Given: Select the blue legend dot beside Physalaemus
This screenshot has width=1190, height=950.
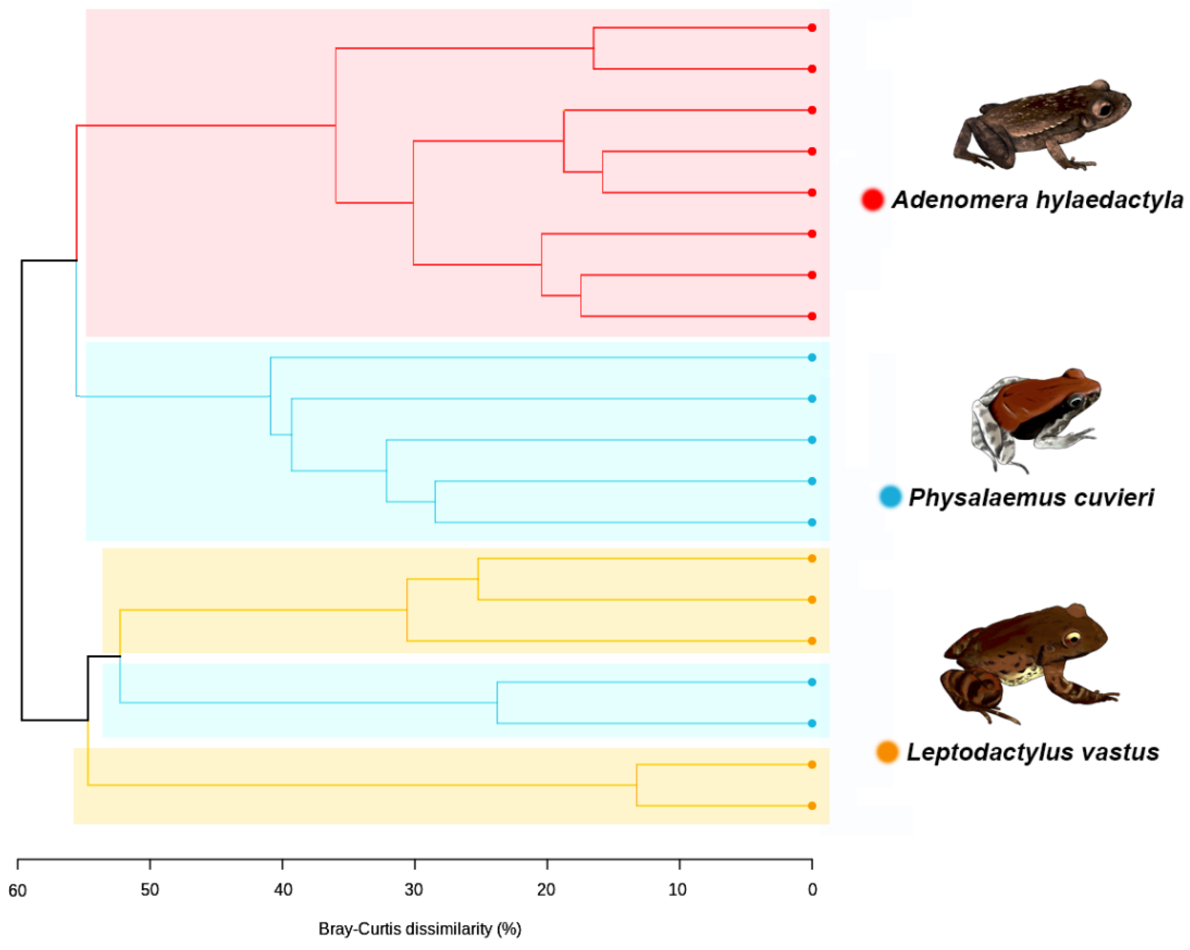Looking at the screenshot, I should pos(890,497).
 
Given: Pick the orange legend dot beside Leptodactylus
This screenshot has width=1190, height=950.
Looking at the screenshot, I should pos(887,752).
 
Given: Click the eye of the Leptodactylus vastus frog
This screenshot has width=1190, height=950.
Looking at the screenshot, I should pos(1072,640).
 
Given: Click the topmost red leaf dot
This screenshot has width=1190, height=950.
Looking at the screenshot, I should pos(812,28).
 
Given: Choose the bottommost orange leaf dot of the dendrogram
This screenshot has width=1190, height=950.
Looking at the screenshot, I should pos(812,806).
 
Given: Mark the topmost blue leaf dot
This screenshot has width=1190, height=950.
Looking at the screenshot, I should pos(812,357).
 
